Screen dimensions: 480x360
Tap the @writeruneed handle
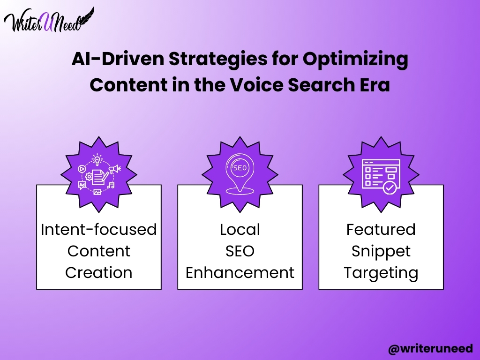[430, 349]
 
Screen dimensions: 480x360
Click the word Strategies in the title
[218, 59]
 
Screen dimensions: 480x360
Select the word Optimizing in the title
[355, 59]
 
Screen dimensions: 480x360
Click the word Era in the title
[375, 85]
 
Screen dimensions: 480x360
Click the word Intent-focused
[99, 229]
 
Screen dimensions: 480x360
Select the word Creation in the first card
[99, 272]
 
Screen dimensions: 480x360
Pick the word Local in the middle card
[240, 229]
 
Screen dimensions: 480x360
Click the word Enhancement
[240, 272]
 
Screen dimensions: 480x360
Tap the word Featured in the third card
[381, 229]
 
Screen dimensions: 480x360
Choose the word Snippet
[381, 252]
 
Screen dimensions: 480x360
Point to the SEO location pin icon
[240, 174]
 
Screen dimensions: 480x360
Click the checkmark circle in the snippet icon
[390, 187]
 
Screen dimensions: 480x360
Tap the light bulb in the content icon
[97, 159]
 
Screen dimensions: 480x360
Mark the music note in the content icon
[111, 185]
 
